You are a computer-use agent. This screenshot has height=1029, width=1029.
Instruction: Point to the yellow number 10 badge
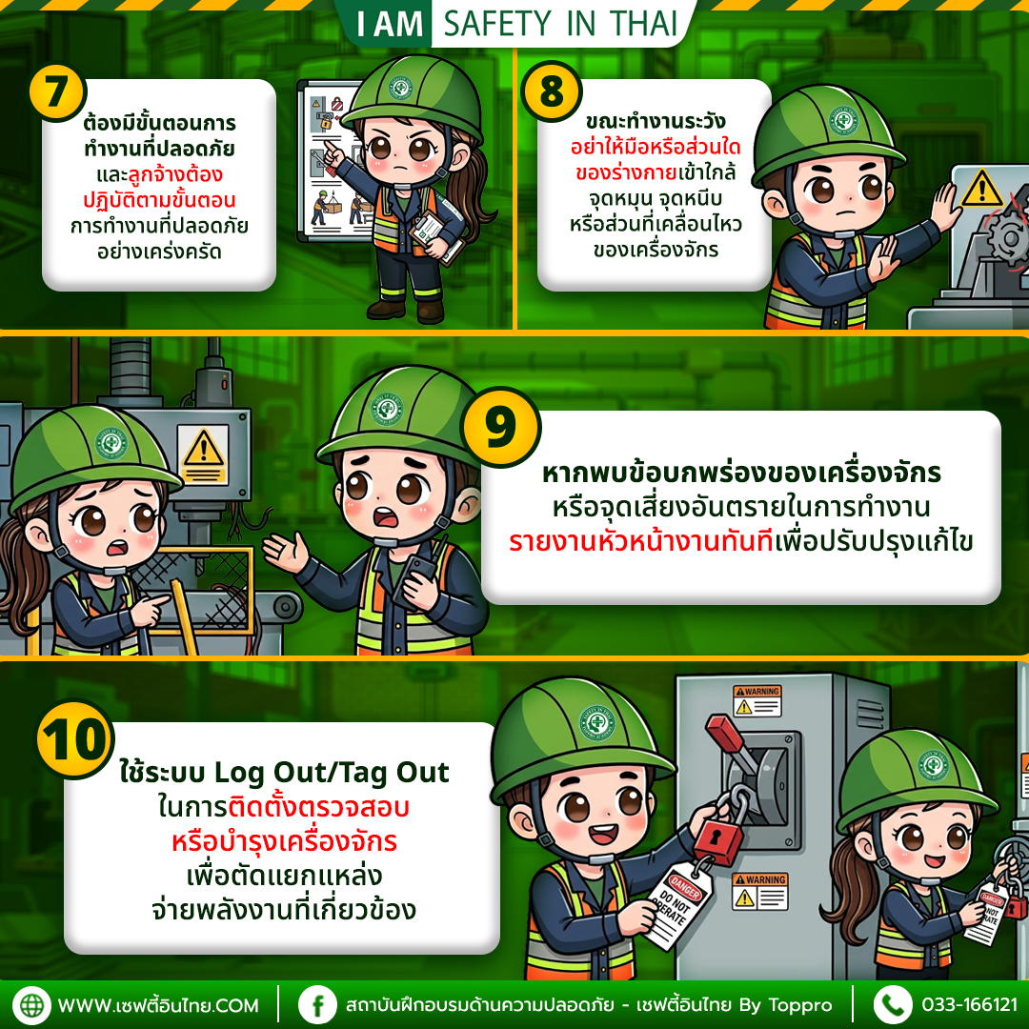pos(74,741)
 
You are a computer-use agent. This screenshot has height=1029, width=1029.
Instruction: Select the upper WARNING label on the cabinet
pos(757,700)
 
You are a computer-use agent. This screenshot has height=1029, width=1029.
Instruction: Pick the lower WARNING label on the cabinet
pos(759,890)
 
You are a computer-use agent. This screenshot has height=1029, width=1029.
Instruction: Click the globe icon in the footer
pos(32,1004)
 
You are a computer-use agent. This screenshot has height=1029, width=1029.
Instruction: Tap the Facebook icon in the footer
pos(317,1004)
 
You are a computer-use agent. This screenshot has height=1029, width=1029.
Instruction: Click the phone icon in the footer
pos(893,1004)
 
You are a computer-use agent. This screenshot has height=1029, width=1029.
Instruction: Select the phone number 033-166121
pos(969,1005)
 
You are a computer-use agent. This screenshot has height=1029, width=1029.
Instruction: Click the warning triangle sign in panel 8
pos(980,189)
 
